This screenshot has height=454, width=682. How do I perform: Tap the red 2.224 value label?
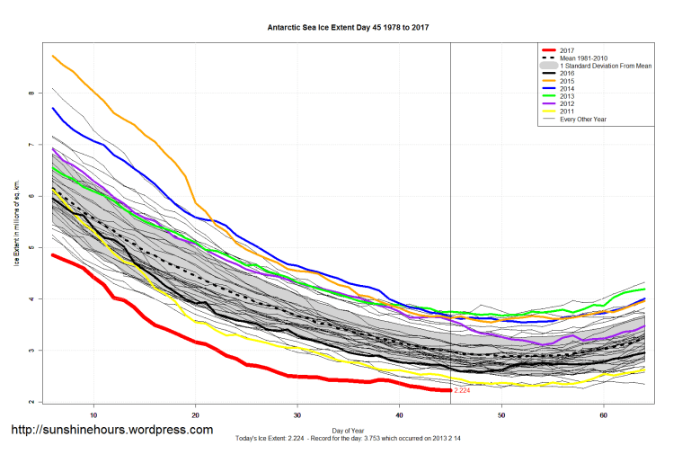click(x=463, y=391)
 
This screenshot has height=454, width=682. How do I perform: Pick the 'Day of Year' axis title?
click(x=348, y=429)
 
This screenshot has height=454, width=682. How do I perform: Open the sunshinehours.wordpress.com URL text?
click(x=111, y=430)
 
